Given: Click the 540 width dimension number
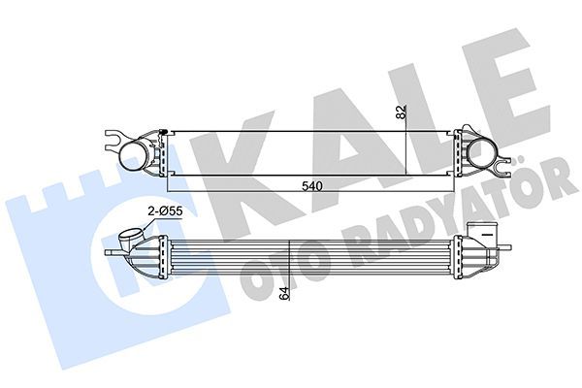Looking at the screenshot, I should coord(310,185).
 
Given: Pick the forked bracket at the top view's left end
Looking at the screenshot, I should coord(117,143).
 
